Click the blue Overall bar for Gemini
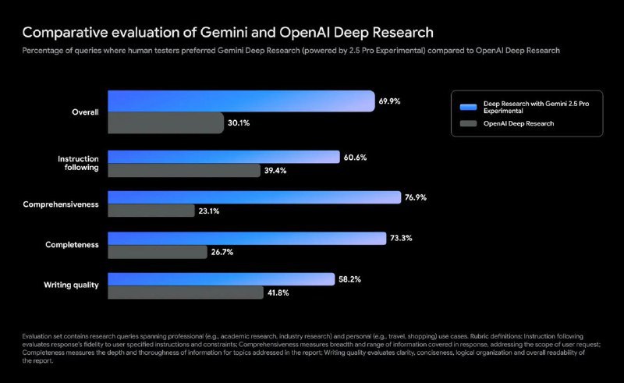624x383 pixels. pyautogui.click(x=240, y=101)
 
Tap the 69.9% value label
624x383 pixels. pyautogui.click(x=389, y=101)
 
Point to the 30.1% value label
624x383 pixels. pyautogui.click(x=238, y=122)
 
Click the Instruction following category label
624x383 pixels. pyautogui.click(x=78, y=163)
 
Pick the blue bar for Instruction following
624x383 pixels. pyautogui.click(x=224, y=158)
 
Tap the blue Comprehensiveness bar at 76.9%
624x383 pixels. pyautogui.click(x=254, y=197)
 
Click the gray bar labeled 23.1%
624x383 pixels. pyautogui.click(x=151, y=211)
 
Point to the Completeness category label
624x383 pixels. pyautogui.click(x=73, y=245)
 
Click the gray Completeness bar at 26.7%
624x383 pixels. pyautogui.click(x=156, y=251)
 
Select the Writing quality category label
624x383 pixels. pyautogui.click(x=70, y=285)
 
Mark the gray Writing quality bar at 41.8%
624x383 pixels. pyautogui.click(x=185, y=292)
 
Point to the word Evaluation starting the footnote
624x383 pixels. pyautogui.click(x=37, y=335)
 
